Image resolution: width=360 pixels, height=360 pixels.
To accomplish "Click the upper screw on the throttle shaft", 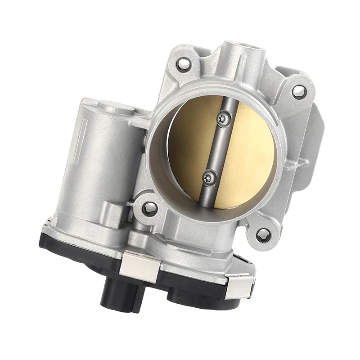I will (x=223, y=118).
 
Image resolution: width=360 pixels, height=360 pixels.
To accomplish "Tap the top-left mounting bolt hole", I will (x=183, y=64).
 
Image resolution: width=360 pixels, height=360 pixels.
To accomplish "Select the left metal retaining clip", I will (x=139, y=266).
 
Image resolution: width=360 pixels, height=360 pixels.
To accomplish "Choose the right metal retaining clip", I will (x=240, y=286).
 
